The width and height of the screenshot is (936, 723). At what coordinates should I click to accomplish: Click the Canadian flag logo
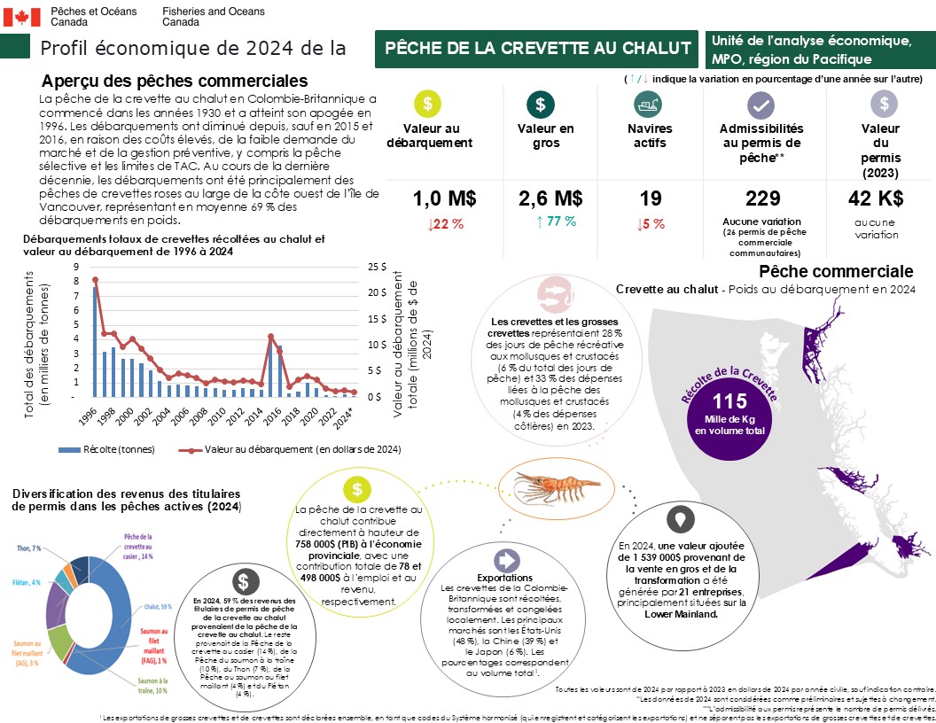pos(23,16)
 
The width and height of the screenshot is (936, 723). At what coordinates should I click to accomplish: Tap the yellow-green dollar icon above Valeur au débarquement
pos(427,104)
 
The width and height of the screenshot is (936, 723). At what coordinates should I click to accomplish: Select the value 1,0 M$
pos(438,198)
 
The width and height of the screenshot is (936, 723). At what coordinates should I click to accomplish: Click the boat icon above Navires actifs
pos(647,104)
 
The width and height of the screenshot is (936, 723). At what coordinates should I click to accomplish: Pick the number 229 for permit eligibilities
pos(762,198)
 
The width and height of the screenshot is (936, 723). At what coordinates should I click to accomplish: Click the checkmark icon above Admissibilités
pos(760,104)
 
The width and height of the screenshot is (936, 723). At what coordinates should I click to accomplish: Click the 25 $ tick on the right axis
pos(377,266)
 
